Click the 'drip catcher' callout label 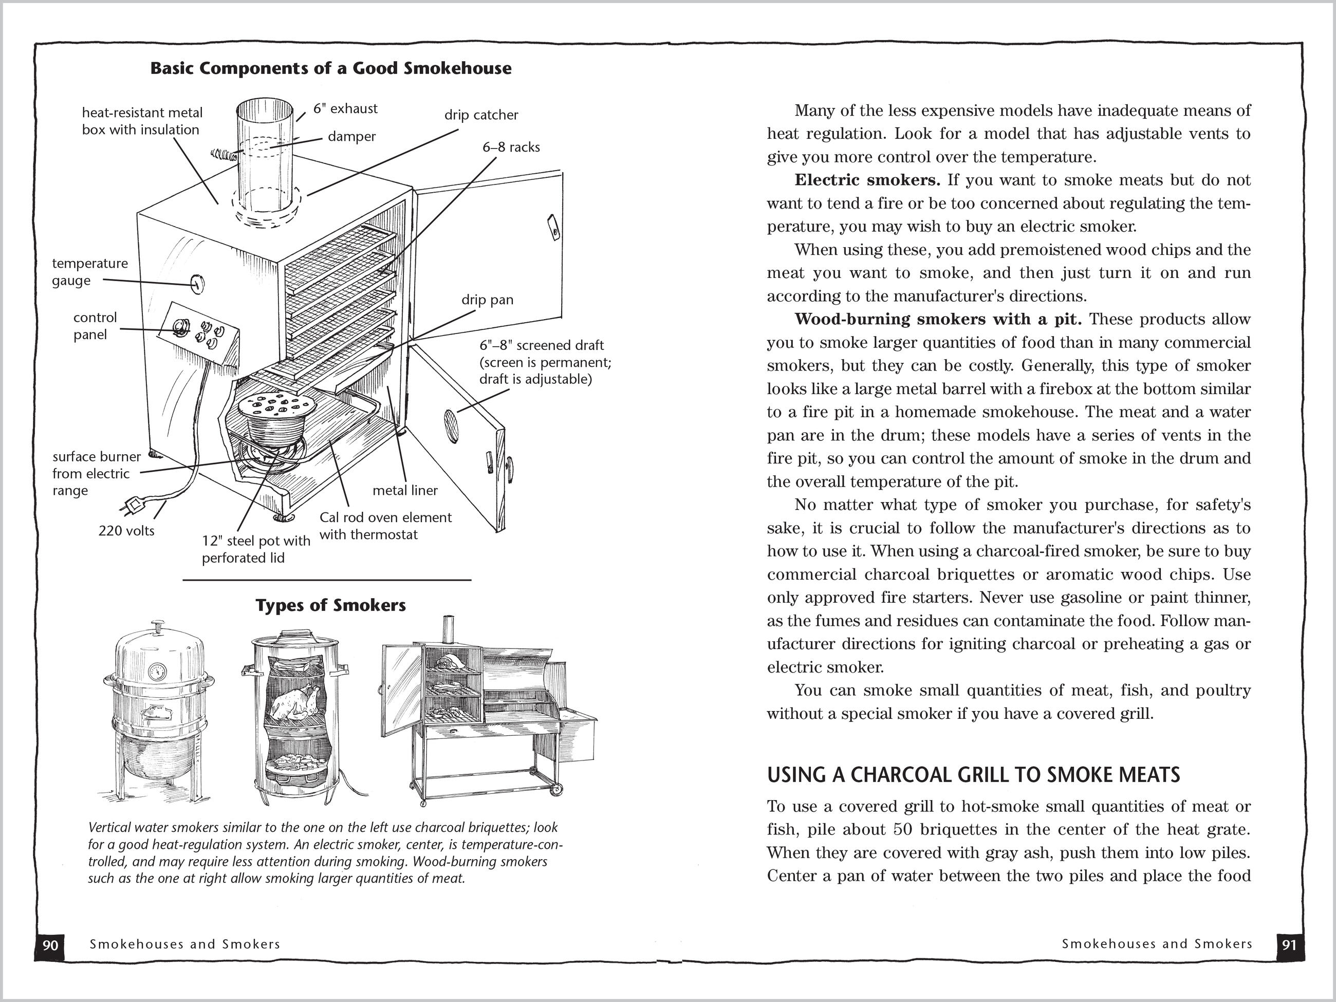pos(481,115)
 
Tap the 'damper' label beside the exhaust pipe pos(351,137)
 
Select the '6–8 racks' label pos(511,147)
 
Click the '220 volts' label pos(126,531)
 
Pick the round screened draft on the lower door pos(451,418)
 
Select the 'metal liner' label pos(405,490)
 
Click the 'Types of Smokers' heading pos(330,605)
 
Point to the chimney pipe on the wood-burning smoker pos(449,629)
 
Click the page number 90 pos(51,944)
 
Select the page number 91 pos(1289,944)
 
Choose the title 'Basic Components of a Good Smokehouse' pos(330,68)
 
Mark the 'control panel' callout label pos(95,326)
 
